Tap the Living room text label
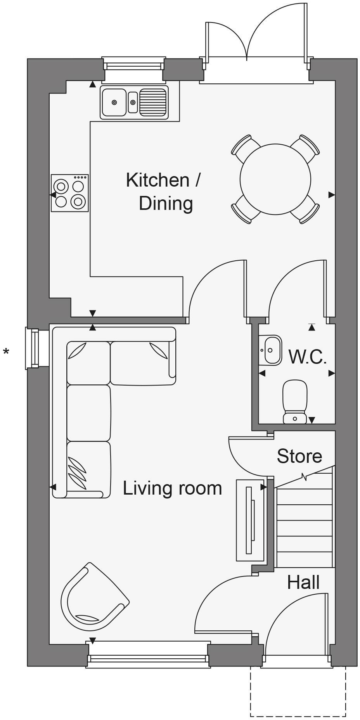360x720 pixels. pos(172,488)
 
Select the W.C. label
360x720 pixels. pos(307,357)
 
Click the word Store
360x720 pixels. pos(299,456)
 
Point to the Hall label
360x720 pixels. pos(303,583)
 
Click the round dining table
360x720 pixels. pos(275,179)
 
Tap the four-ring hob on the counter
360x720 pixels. pos(70,193)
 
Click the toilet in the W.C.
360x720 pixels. pos(295,402)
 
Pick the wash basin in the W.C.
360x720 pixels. pos(270,350)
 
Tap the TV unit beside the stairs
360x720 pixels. pos(250,520)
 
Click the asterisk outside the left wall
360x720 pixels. pos(6,352)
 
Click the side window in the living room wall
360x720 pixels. pos(33,348)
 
